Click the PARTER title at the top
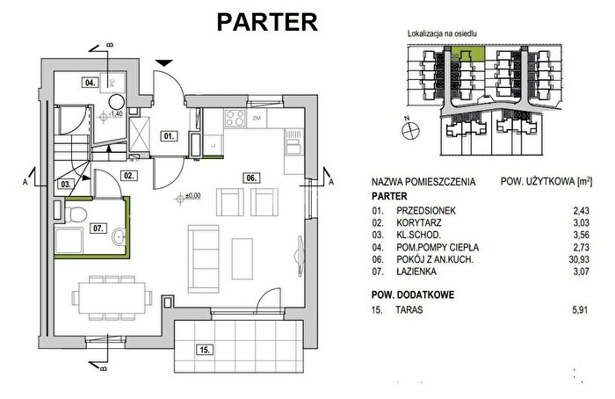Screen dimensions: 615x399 pos(267,22)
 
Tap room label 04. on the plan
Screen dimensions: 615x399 pos(90,83)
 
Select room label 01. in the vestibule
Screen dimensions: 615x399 pos(169,136)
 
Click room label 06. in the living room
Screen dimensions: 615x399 pos(251,178)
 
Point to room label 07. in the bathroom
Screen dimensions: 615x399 pos(98,228)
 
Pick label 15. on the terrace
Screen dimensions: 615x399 pos(205,349)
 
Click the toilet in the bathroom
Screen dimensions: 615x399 pos(76,214)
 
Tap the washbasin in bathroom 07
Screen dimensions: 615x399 pos(119,236)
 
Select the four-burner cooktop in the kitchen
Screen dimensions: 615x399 pos(235,118)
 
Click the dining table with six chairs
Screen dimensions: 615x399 pos(112,297)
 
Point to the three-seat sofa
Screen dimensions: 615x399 pos(203,259)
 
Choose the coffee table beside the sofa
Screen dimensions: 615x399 pos(242,259)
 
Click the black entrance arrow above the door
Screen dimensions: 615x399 pos(164,62)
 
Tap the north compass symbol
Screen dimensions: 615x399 pos(410,129)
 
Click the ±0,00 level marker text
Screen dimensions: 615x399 pos(192,196)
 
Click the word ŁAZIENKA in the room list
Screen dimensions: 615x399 pos(416,272)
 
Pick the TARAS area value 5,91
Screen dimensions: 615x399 pos(580,310)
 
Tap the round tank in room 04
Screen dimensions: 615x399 pos(117,102)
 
